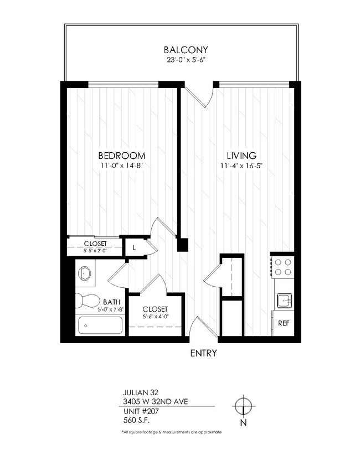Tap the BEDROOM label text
[122, 155]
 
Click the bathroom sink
[85, 274]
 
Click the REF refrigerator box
[282, 323]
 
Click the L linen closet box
[134, 247]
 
